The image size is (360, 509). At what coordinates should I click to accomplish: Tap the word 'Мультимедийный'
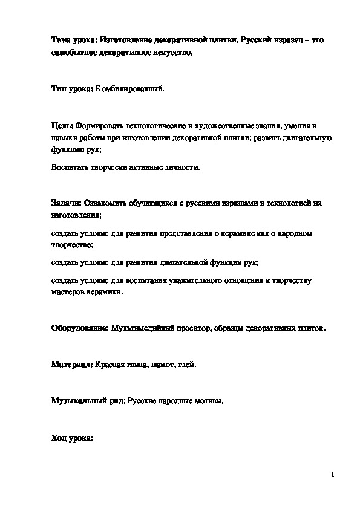[144, 328]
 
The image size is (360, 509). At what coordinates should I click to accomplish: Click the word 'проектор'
[194, 328]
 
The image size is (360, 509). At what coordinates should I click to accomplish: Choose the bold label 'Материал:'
[70, 365]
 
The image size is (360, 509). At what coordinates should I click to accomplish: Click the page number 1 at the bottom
[332, 475]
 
